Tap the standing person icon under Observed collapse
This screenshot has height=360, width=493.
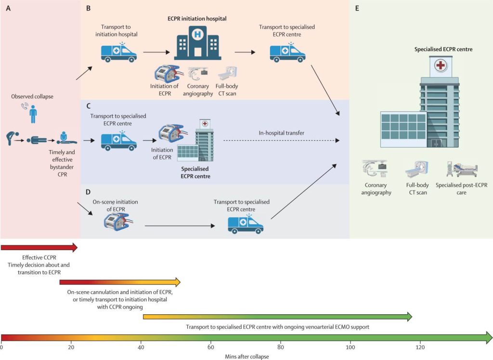click(33, 115)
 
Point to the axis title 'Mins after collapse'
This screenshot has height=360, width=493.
click(246, 356)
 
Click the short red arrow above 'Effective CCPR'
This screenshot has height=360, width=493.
click(39, 247)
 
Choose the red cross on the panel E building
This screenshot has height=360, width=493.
click(440, 65)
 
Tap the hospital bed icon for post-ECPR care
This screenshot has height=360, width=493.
click(462, 169)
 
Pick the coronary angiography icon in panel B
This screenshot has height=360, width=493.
click(197, 74)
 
